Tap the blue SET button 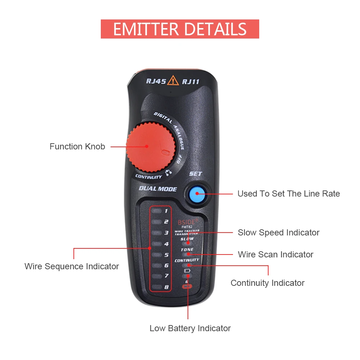pos(197,194)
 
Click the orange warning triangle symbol pos(173,80)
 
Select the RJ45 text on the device pos(156,81)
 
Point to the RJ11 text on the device pos(190,82)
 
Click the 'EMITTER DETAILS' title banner pos(180,29)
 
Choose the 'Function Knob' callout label pos(77,147)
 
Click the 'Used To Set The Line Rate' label pos(288,194)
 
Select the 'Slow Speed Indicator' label pos(278,233)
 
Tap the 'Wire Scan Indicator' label pos(275,255)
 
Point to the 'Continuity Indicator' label pos(267,283)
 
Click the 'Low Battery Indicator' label pos(190,328)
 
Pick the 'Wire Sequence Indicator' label pos(72,266)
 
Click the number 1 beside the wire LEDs pos(166,211)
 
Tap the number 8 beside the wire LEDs pos(166,287)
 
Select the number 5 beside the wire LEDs pos(166,255)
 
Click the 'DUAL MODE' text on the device pos(158,189)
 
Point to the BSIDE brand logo pos(187,222)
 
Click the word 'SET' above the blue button pos(195,174)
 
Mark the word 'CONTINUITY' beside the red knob pos(148,177)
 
